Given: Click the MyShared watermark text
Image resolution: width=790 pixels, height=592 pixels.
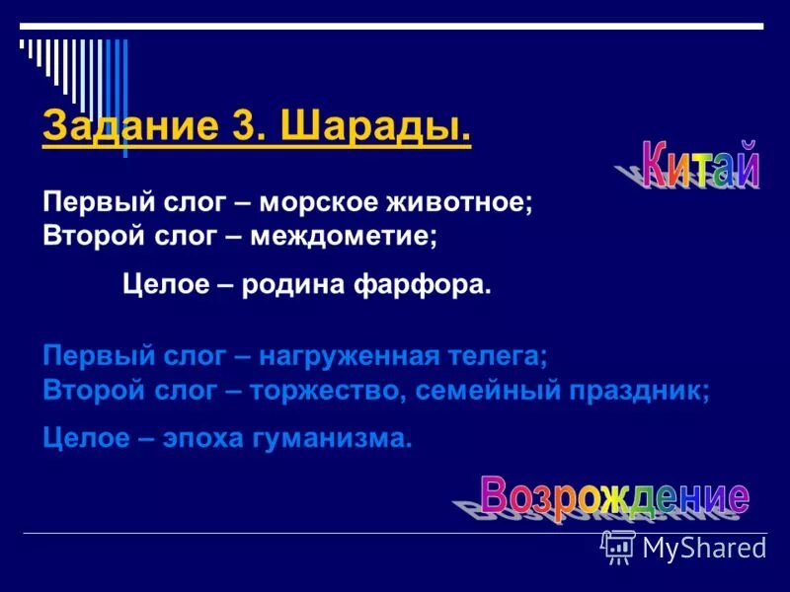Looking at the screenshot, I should pyautogui.click(x=704, y=548).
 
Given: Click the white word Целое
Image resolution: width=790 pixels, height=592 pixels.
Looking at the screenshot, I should pyautogui.click(x=158, y=285).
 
